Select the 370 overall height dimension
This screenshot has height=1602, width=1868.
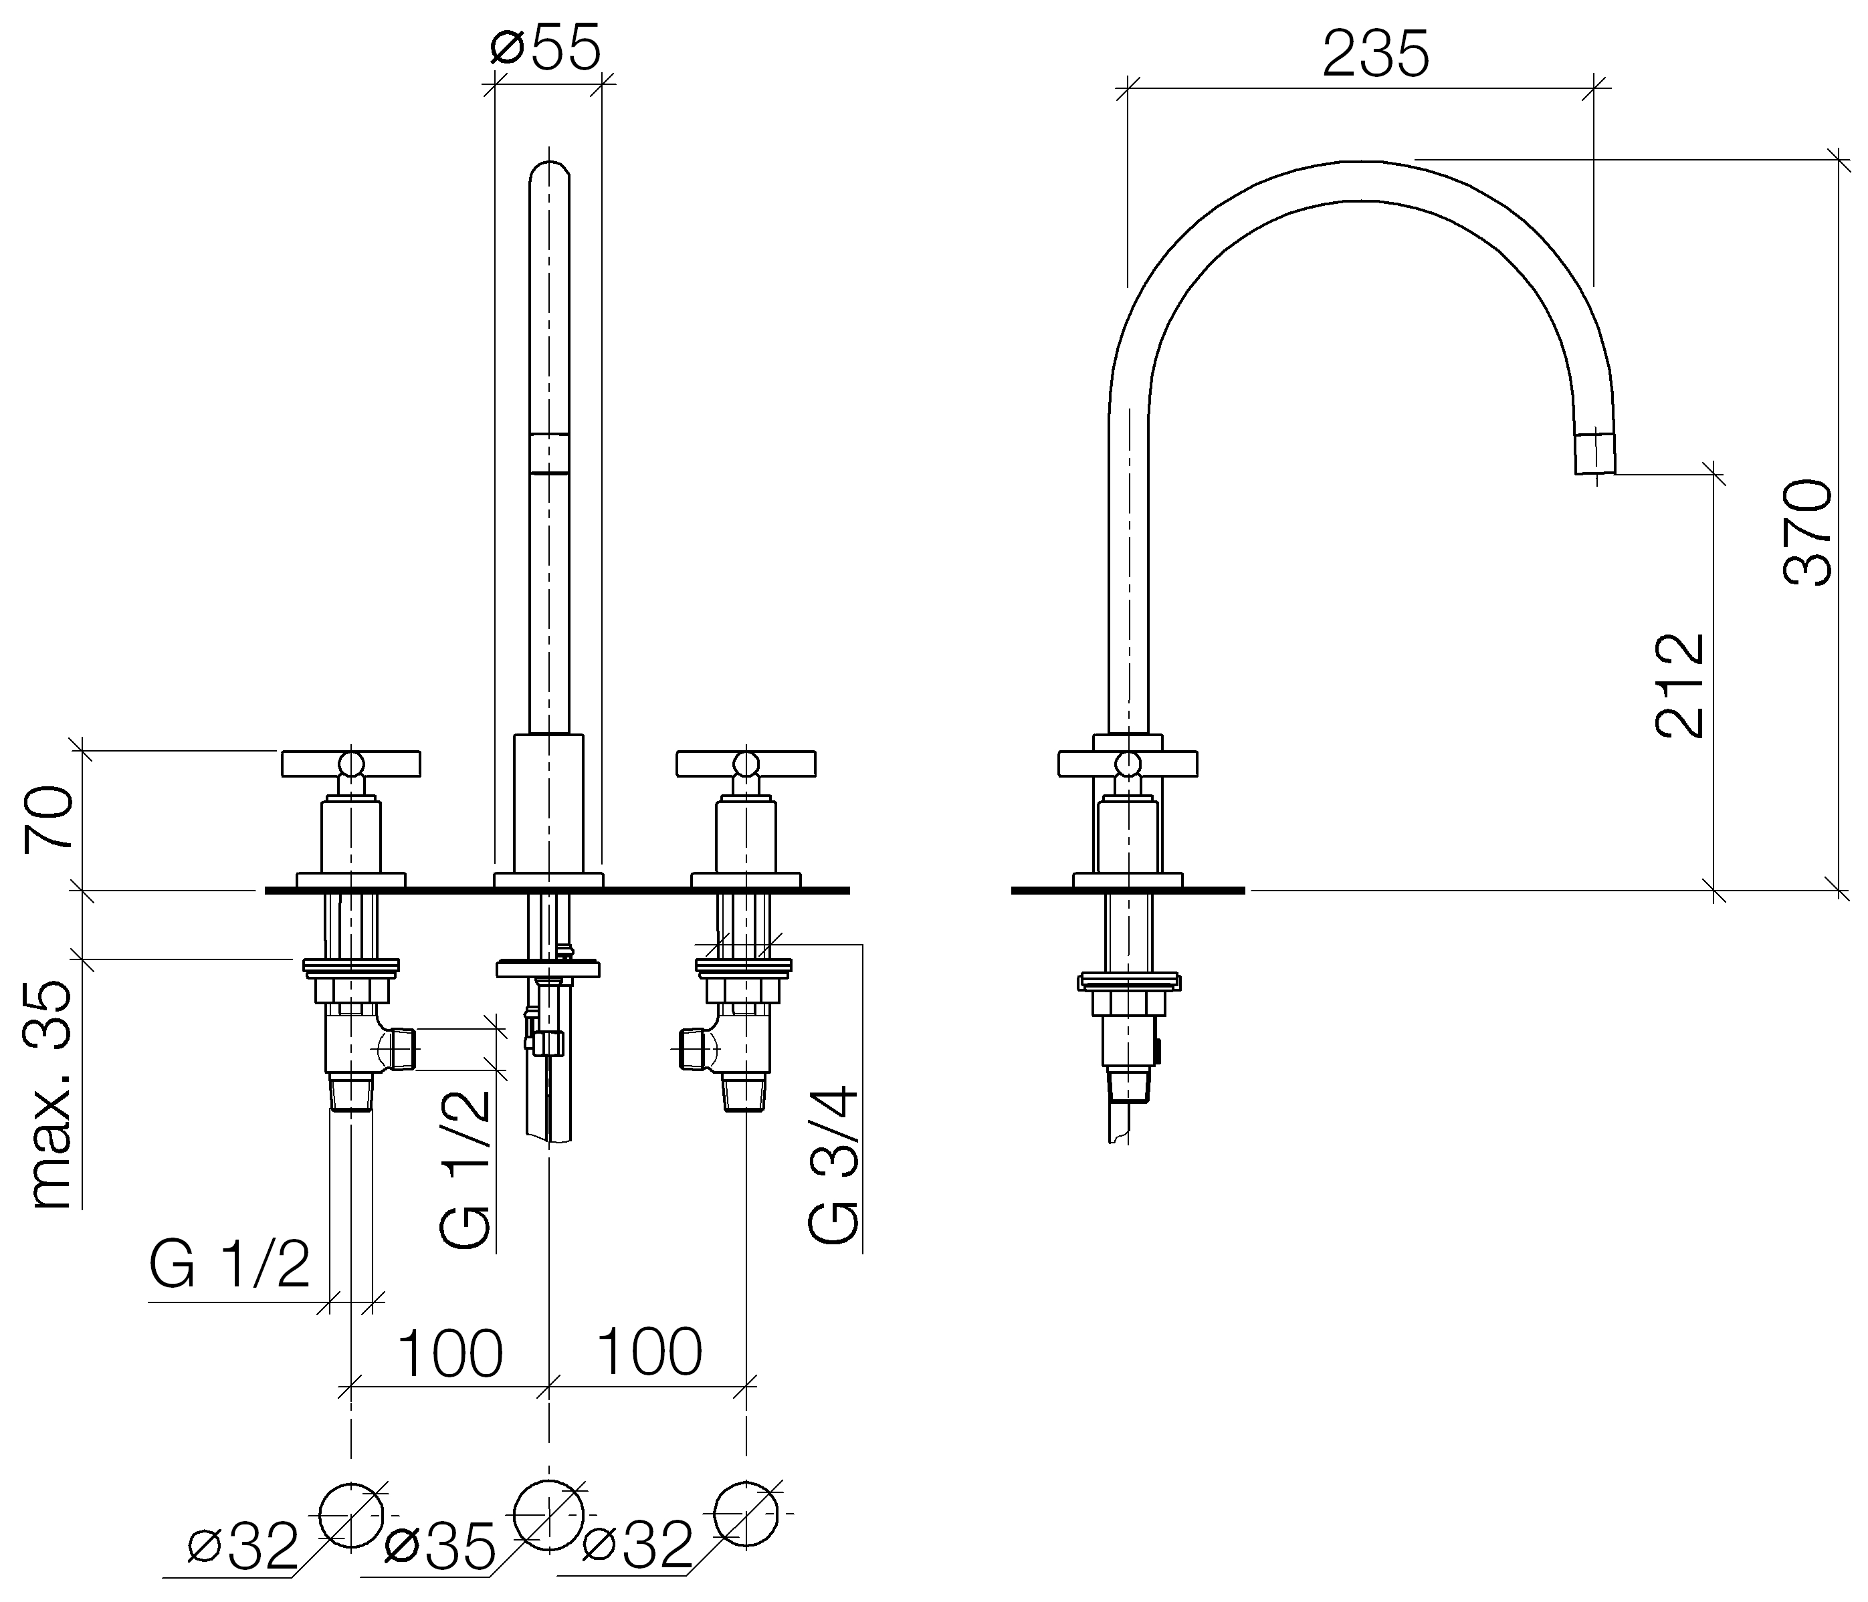coord(1808,533)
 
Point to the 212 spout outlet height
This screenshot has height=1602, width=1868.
coord(1681,685)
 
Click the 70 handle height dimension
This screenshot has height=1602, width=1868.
coord(49,817)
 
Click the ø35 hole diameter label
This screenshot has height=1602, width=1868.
coord(440,1547)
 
